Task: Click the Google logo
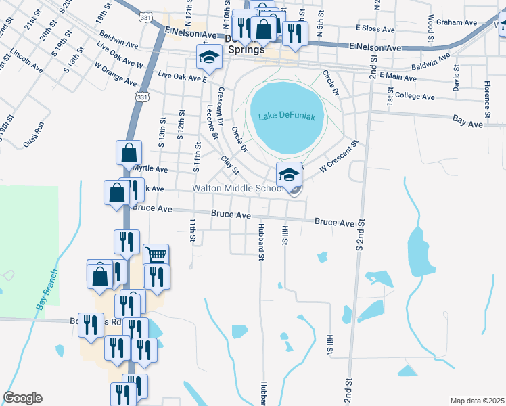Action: click(22, 398)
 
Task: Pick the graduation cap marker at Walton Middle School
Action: click(289, 175)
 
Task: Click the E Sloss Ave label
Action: click(375, 30)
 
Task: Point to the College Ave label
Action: click(414, 97)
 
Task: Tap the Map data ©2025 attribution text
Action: click(477, 401)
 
